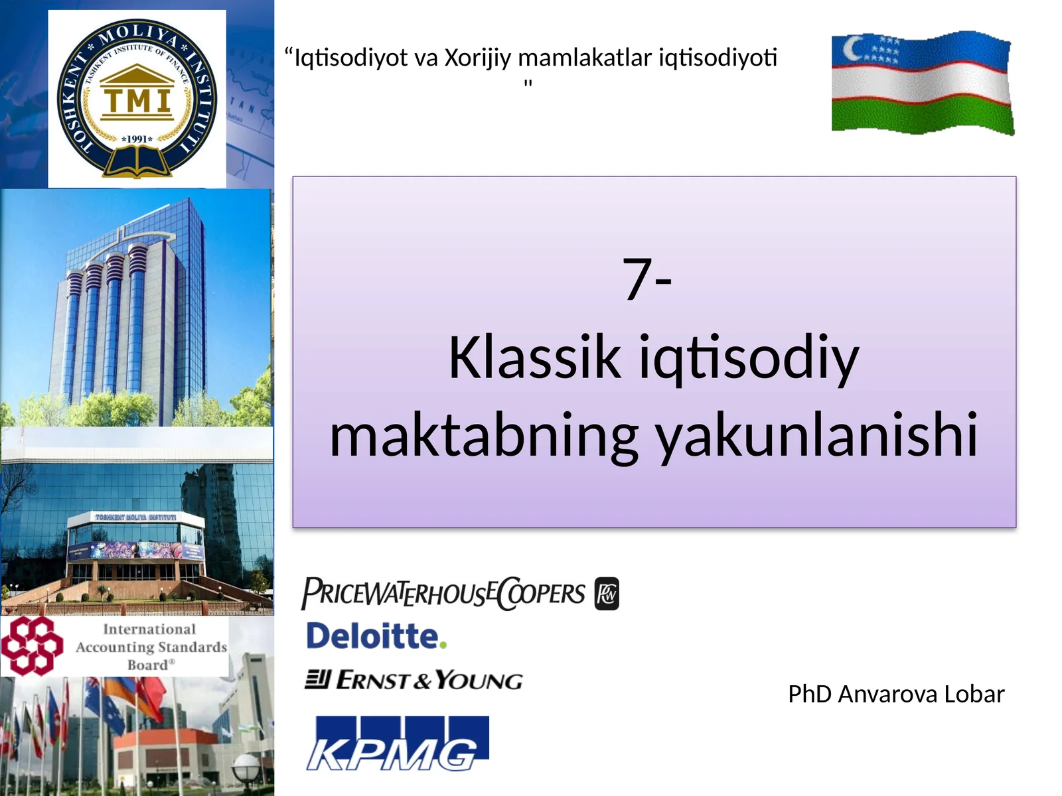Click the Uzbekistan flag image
[x=923, y=82]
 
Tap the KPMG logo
[x=397, y=744]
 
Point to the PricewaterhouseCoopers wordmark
[x=443, y=593]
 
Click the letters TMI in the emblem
[x=137, y=101]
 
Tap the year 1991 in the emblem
[x=137, y=139]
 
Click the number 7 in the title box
[x=637, y=279]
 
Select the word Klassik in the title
[x=534, y=358]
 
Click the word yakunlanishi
[x=817, y=436]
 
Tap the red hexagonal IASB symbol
[x=31, y=645]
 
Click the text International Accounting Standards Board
[x=151, y=647]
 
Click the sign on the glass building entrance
[x=136, y=517]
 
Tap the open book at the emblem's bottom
[x=137, y=163]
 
